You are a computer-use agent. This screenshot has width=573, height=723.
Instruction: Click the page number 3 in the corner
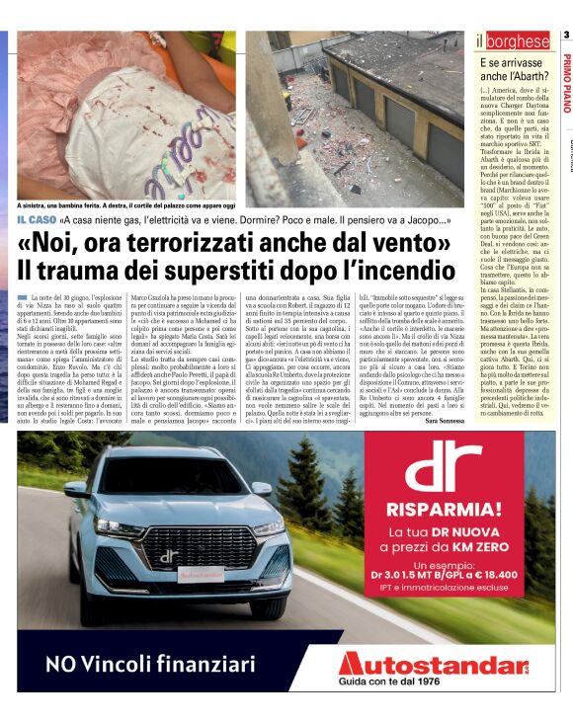pyautogui.click(x=566, y=37)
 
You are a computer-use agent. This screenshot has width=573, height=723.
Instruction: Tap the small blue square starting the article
pyautogui.click(x=22, y=297)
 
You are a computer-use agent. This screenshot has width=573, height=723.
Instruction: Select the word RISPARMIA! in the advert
pyautogui.click(x=441, y=510)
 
